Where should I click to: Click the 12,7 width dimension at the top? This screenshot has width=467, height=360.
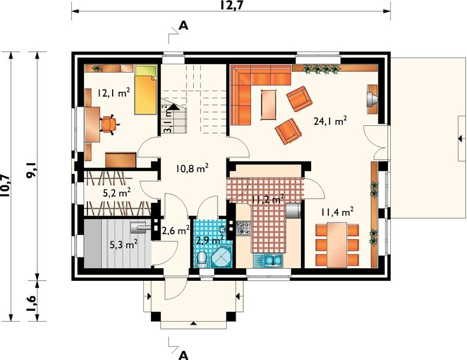pyautogui.click(x=231, y=5)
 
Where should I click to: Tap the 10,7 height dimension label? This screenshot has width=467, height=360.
pyautogui.click(x=5, y=186)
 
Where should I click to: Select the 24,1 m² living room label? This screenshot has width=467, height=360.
pyautogui.click(x=330, y=121)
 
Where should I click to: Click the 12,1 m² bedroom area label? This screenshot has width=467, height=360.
pyautogui.click(x=113, y=92)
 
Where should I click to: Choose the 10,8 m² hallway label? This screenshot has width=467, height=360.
pyautogui.click(x=192, y=169)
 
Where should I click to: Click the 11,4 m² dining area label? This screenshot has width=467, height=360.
pyautogui.click(x=338, y=212)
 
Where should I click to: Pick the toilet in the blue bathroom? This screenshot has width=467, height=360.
pyautogui.click(x=203, y=259)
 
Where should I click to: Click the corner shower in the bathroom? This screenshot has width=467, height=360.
pyautogui.click(x=222, y=256)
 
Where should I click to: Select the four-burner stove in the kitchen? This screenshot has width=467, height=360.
pyautogui.click(x=244, y=227)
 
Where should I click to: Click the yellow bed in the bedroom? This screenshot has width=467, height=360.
pyautogui.click(x=146, y=90)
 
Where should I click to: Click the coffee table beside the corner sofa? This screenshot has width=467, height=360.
pyautogui.click(x=269, y=104)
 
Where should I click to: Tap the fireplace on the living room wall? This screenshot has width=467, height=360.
pyautogui.click(x=372, y=99)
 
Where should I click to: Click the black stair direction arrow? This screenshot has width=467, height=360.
pyautogui.click(x=174, y=107)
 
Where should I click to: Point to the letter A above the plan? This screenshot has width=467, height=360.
pyautogui.click(x=183, y=26)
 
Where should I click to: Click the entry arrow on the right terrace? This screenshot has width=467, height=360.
pyautogui.click(x=462, y=138)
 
